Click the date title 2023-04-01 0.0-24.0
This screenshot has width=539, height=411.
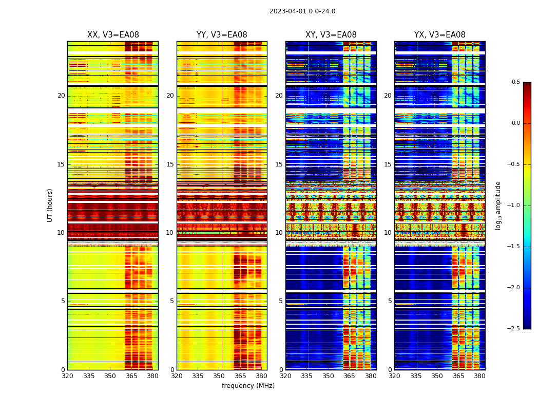[302, 11]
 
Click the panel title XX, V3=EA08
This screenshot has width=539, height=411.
[113, 35]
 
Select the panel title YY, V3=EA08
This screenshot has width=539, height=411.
[222, 35]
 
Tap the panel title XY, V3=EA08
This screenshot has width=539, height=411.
[331, 35]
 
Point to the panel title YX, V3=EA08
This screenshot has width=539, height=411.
[439, 35]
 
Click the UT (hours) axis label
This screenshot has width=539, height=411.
[50, 205]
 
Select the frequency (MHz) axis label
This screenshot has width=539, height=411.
[248, 386]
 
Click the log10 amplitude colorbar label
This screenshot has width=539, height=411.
[498, 205]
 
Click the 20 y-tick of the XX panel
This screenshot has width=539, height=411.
[61, 96]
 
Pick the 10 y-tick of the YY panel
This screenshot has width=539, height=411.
[170, 233]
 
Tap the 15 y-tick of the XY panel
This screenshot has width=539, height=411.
[279, 164]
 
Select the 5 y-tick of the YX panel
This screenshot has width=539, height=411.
[390, 301]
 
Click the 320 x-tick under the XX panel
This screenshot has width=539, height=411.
[68, 376]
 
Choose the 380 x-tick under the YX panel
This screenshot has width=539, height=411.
[479, 376]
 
